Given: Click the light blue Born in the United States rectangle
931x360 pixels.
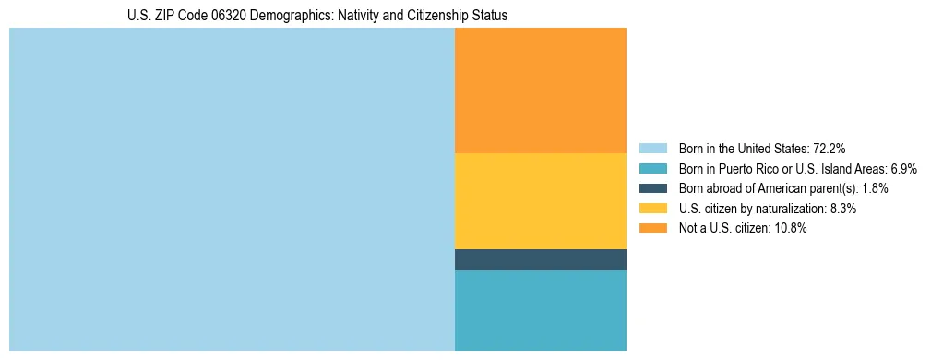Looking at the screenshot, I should [x=232, y=189].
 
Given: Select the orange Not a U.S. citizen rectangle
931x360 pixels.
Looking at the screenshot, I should [x=541, y=90].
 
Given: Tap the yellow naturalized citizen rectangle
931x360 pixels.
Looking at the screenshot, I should [x=541, y=201].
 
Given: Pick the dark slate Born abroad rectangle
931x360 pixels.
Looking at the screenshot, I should [x=541, y=260].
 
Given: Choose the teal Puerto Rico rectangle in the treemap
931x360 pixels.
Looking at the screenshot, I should [x=541, y=310].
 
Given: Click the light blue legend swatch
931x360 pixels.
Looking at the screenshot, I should [x=652, y=149].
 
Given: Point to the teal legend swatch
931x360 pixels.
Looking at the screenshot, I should [x=652, y=169].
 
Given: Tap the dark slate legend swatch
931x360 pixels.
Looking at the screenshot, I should [x=652, y=188].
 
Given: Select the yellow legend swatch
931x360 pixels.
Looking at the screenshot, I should [x=652, y=209].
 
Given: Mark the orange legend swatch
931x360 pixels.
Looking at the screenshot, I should [x=652, y=229].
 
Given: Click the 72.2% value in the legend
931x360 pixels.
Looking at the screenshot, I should [x=830, y=149].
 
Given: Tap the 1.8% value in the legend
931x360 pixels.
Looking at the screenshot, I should [x=875, y=188].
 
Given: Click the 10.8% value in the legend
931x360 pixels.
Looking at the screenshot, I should [x=791, y=229].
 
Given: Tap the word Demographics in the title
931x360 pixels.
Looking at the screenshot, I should [x=290, y=16].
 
